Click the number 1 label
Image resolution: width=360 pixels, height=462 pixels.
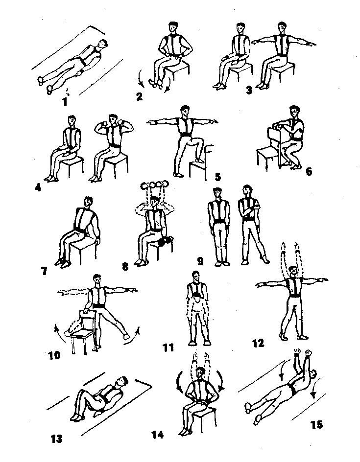(65, 102)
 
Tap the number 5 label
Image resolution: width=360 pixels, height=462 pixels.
(218, 177)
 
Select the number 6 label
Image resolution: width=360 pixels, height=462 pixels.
(309, 171)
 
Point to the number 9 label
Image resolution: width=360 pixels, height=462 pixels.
(200, 261)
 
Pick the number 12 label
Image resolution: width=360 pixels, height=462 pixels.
(258, 343)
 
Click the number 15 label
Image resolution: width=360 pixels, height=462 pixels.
(316, 425)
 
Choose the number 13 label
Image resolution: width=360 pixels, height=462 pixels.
(56, 439)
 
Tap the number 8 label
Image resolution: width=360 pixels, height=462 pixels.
(125, 267)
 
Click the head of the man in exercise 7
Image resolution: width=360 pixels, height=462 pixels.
(88, 203)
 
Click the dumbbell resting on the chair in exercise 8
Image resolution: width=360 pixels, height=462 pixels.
(164, 242)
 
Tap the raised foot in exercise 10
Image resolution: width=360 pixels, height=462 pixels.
(126, 337)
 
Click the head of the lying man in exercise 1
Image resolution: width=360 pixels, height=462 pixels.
(102, 44)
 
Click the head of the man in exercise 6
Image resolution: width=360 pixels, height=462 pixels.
(294, 112)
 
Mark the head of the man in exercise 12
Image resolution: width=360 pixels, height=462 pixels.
(293, 271)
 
